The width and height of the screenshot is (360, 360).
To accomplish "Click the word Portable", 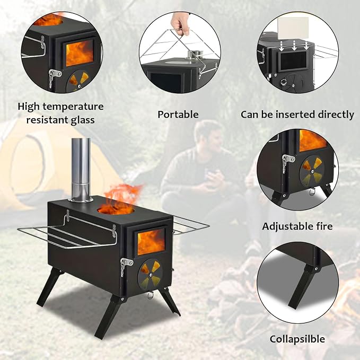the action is [178, 115].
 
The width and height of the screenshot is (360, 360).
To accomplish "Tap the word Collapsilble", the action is [297, 339].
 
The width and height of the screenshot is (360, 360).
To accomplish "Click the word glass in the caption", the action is [83, 120].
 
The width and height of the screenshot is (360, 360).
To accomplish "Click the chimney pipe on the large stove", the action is [81, 170].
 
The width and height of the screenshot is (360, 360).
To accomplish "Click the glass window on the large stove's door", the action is [151, 242].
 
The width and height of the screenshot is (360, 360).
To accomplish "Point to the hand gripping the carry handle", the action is [180, 23].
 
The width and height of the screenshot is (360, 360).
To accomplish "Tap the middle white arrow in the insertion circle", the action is [294, 46].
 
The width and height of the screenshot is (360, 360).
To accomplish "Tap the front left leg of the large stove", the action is [49, 287].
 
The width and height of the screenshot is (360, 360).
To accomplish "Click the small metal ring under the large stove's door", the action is [150, 295].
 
